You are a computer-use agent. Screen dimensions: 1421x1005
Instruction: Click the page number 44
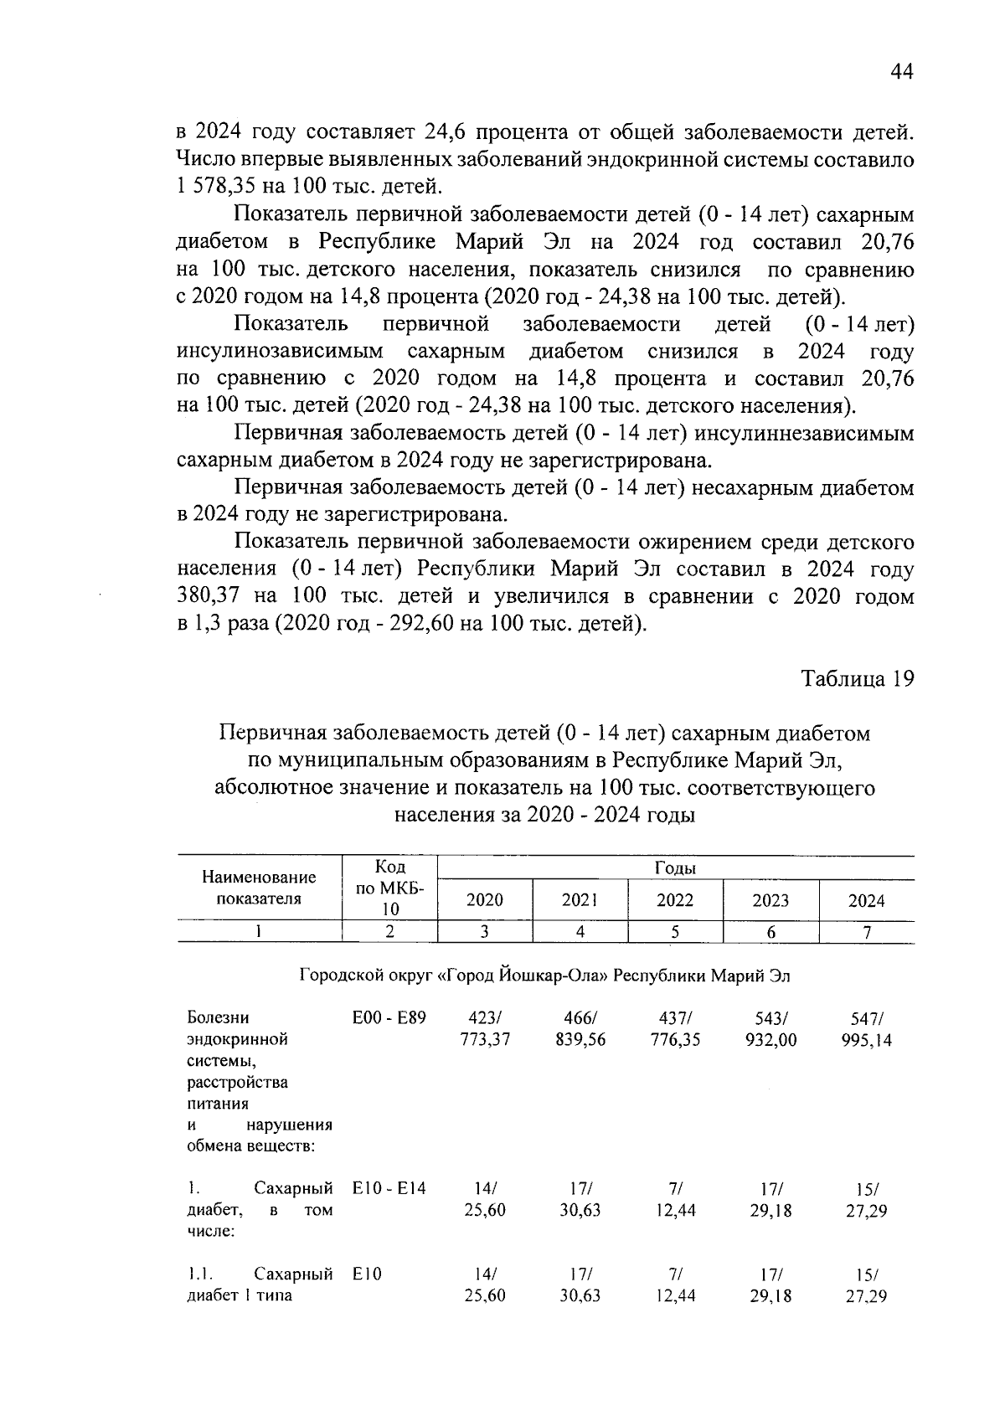900,72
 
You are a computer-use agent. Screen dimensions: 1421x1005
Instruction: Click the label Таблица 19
857,678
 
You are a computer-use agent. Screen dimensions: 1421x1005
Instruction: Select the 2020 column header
484,900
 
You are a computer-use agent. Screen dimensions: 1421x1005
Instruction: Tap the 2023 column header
770,900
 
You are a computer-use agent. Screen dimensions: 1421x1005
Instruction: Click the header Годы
675,868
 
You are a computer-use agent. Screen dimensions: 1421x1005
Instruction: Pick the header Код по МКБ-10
390,888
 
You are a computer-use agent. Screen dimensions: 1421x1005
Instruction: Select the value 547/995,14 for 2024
866,1029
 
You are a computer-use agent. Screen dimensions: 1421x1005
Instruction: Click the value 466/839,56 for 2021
580,1029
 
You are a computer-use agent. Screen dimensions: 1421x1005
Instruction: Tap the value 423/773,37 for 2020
484,1029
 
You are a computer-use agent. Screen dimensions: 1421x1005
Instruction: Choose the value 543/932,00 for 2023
770,1029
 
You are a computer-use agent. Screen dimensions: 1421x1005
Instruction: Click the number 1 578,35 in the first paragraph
223,187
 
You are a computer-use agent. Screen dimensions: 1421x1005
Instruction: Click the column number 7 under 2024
867,932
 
